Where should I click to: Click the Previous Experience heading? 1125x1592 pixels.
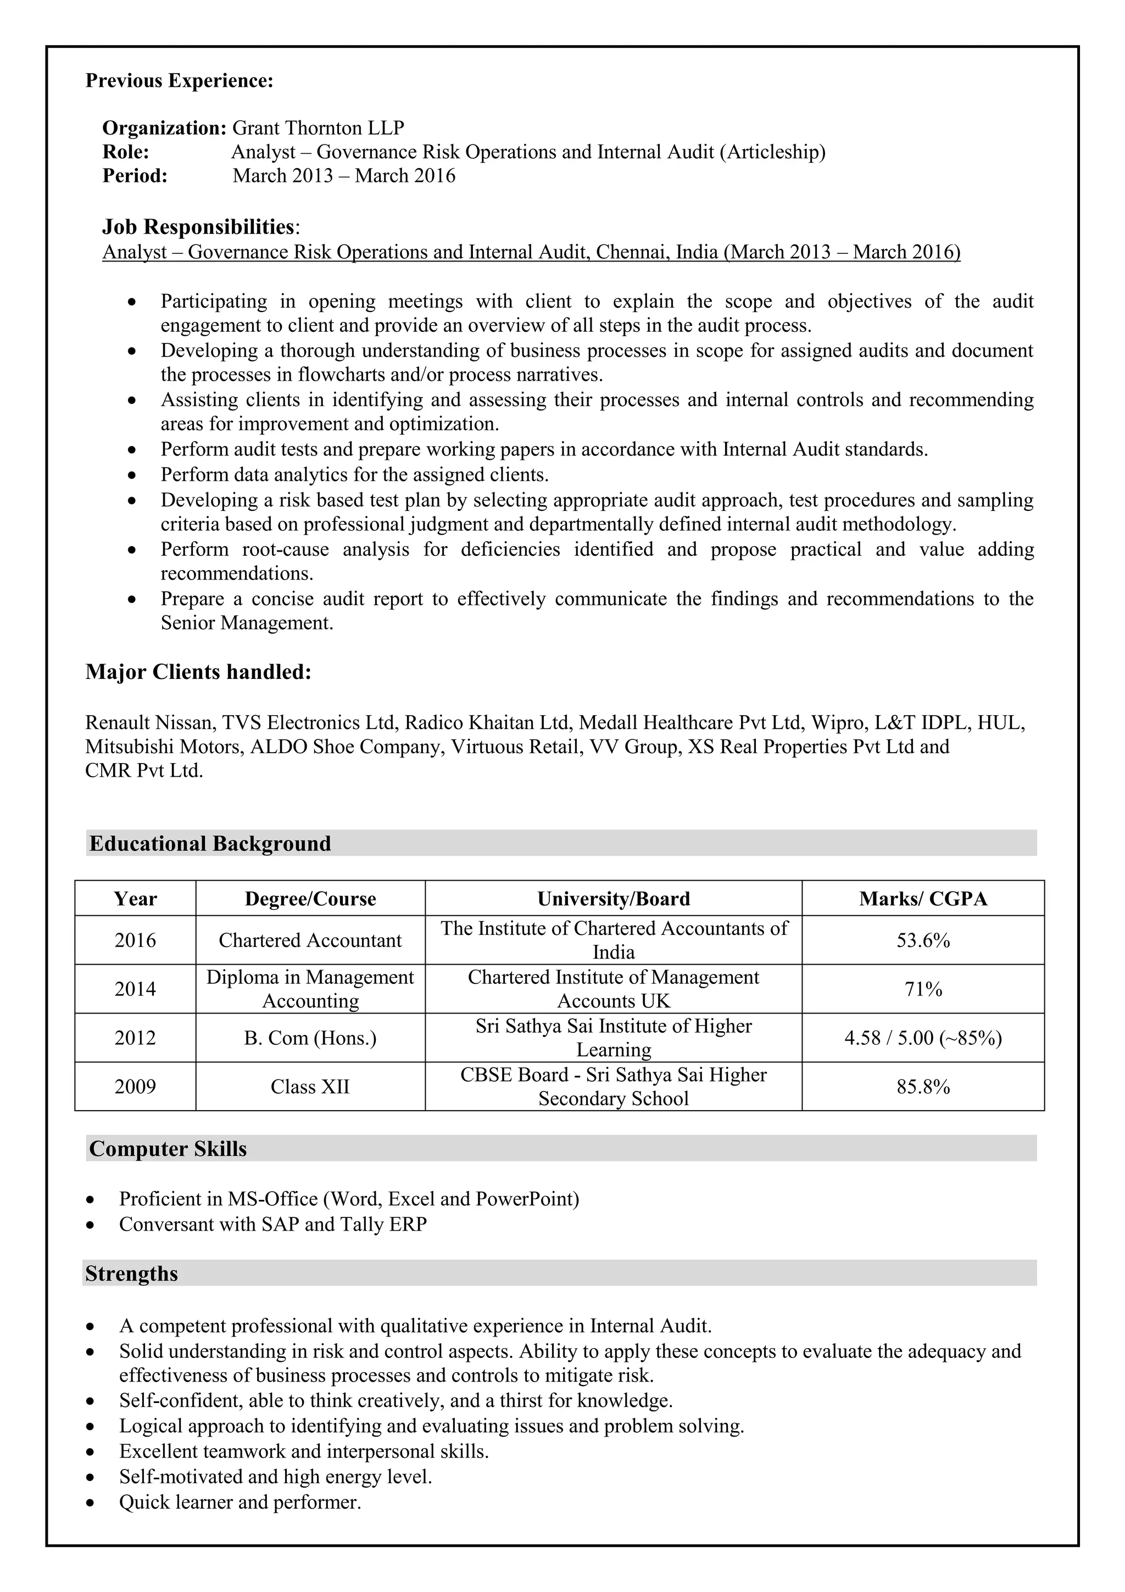[179, 81]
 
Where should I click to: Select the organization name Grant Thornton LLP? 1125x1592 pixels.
[318, 129]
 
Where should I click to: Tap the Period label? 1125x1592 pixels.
[135, 175]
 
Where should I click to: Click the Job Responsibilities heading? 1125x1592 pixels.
[199, 227]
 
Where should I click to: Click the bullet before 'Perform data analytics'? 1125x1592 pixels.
[132, 475]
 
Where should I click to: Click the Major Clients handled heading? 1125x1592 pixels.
[198, 672]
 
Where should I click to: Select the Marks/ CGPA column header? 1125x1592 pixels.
[923, 899]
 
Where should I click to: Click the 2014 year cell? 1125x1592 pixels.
[135, 989]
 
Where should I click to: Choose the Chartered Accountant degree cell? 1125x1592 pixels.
[310, 940]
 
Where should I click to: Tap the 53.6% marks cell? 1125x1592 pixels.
[923, 940]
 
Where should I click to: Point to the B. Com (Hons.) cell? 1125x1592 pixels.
[310, 1038]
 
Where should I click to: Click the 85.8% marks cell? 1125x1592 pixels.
[923, 1087]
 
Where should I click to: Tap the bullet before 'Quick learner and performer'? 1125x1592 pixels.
[90, 1503]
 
